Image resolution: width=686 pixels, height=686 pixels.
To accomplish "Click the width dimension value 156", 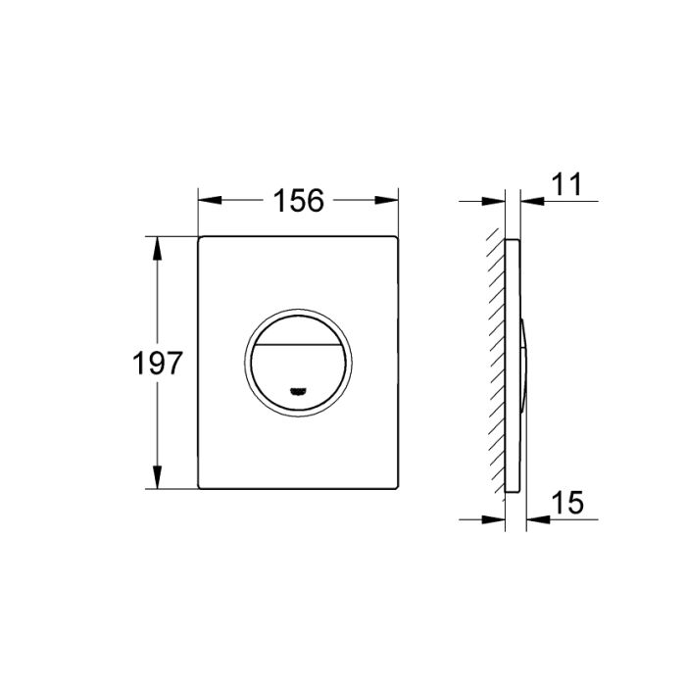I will [x=298, y=201].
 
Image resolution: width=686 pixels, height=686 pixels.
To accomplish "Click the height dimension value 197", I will [x=159, y=364].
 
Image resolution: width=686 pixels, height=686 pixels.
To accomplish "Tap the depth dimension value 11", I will [x=565, y=184].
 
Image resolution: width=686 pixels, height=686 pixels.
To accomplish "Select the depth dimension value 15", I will [x=565, y=503].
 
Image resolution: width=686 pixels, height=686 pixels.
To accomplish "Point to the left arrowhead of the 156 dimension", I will [x=207, y=201].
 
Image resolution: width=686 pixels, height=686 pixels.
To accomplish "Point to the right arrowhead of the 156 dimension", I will [x=390, y=201].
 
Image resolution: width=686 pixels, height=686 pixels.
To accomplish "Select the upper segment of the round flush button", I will [x=298, y=334].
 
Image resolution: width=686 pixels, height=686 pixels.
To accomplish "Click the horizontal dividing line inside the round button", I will [x=298, y=350].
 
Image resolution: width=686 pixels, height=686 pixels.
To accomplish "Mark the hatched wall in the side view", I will [x=498, y=363].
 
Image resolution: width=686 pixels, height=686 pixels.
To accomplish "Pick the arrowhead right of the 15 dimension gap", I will [x=535, y=518].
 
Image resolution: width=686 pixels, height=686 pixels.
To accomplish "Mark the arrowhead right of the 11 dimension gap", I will [x=530, y=201].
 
